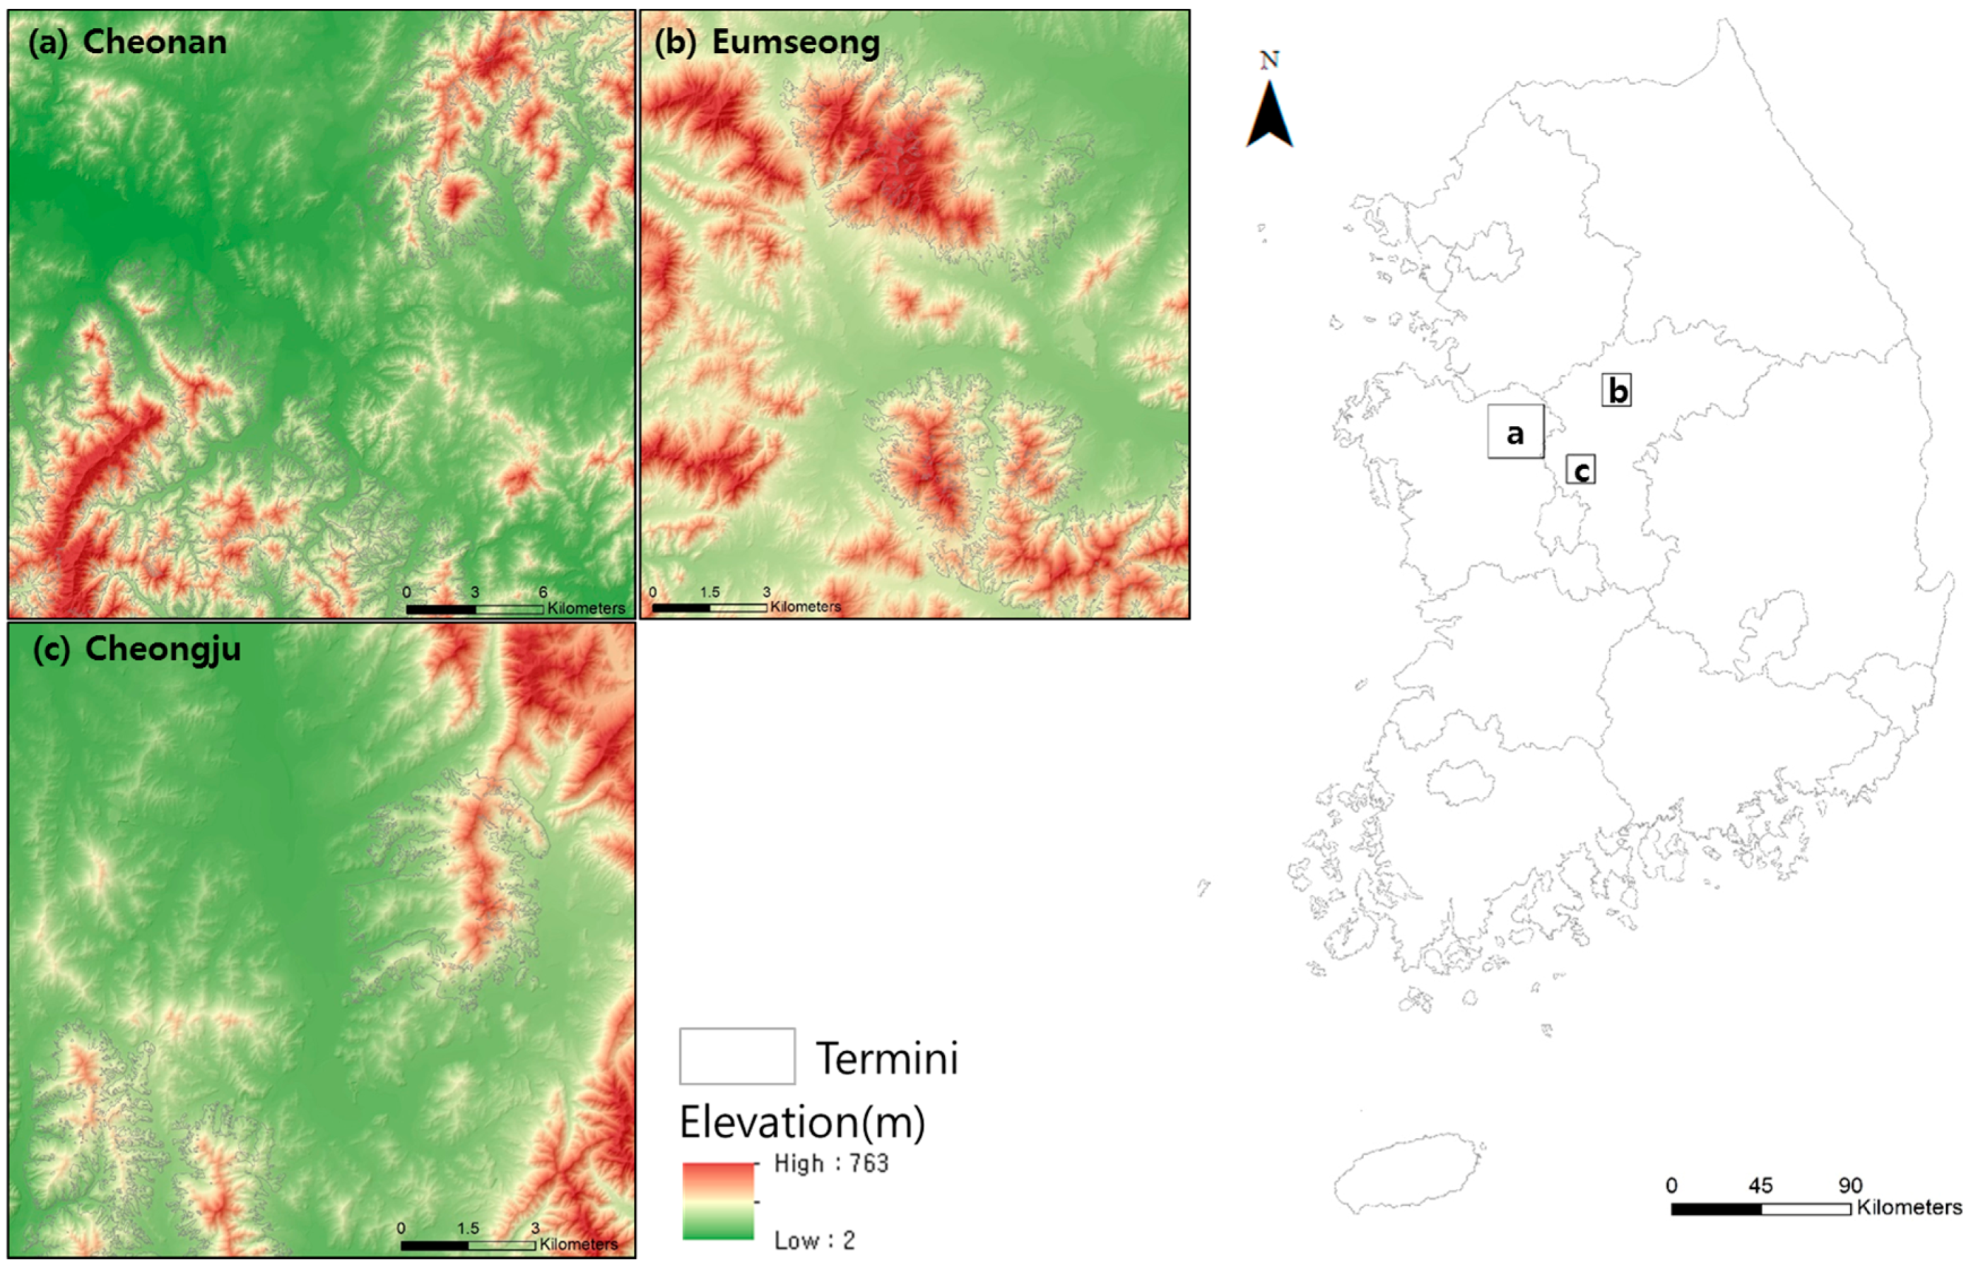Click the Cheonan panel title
128,42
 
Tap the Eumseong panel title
767,42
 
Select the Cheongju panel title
136,648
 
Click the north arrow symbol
1269,115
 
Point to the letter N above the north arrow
1269,60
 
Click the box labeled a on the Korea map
1514,432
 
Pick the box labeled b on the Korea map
1617,390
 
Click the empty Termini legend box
737,1055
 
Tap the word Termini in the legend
887,1059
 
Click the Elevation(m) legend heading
802,1122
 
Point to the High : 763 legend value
830,1163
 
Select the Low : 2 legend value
813,1240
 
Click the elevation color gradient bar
718,1200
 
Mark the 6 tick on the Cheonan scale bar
543,592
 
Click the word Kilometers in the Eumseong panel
806,607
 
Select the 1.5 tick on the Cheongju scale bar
468,1228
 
